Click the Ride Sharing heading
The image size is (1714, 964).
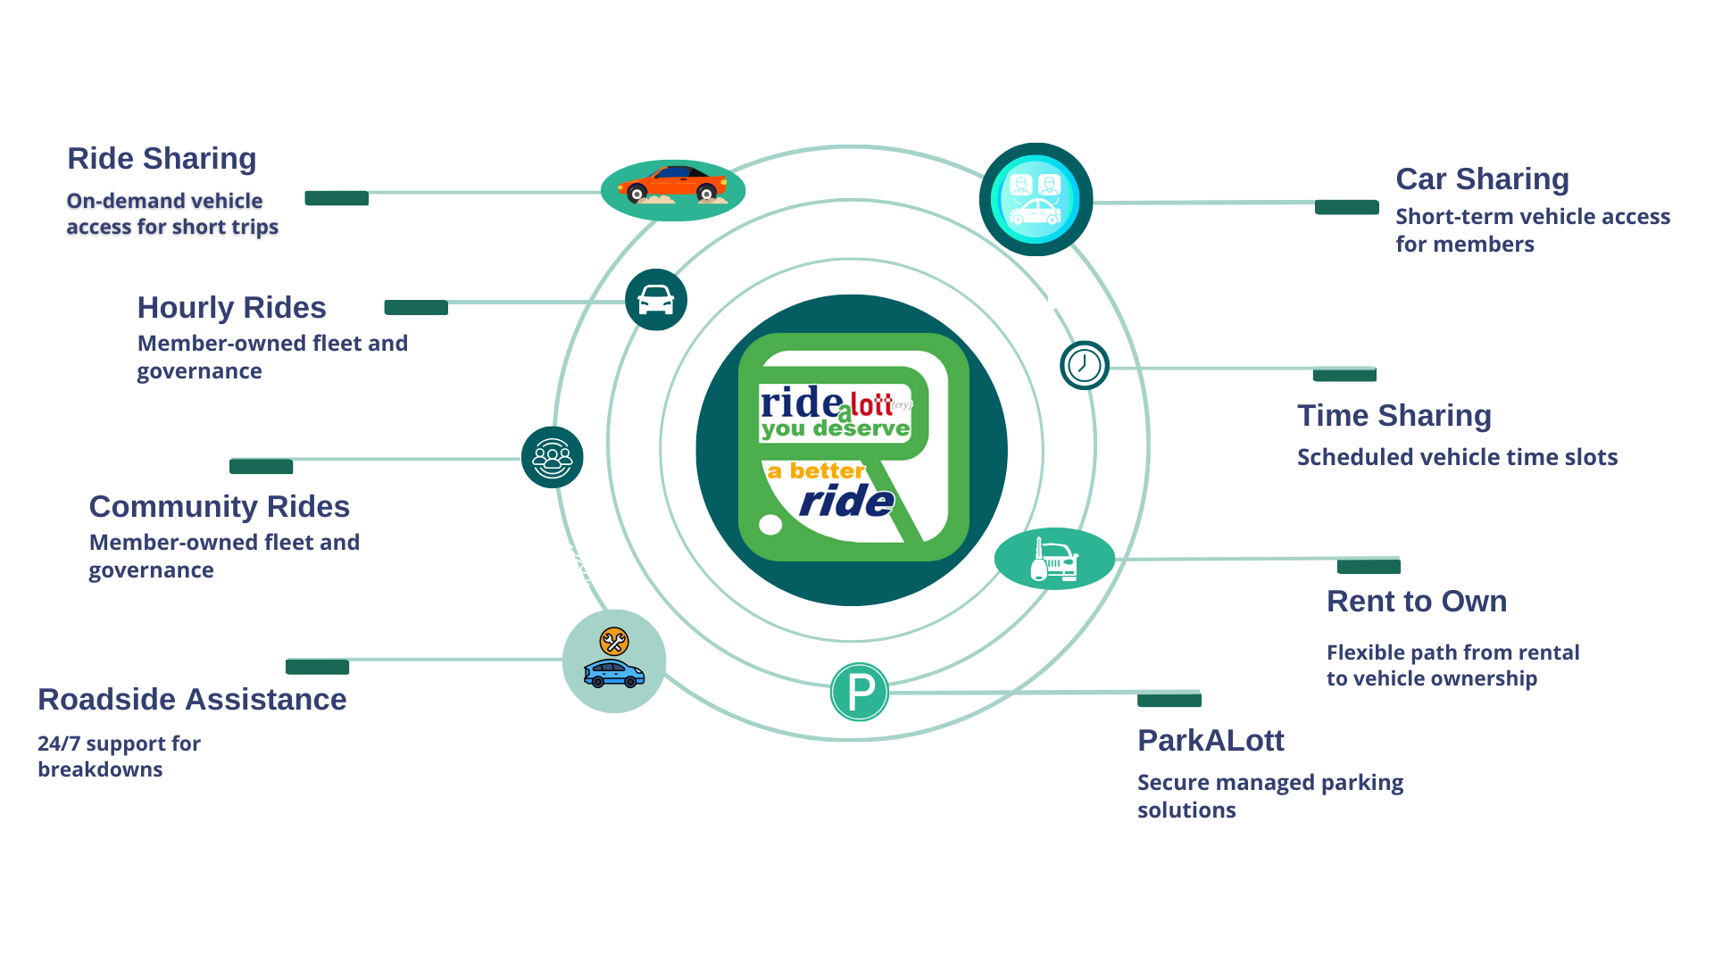click(x=162, y=159)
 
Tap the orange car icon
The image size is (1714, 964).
click(x=672, y=185)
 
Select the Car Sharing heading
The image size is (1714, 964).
click(x=1482, y=179)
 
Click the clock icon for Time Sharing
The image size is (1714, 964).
click(x=1084, y=365)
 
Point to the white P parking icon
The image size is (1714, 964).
click(x=860, y=692)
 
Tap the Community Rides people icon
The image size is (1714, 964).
click(x=553, y=458)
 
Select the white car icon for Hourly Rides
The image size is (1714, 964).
click(x=656, y=300)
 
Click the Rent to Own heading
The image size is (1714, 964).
click(x=1416, y=602)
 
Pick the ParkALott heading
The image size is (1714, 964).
click(x=1210, y=741)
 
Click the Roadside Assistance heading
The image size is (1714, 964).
click(x=192, y=700)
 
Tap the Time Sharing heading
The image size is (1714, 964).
click(x=1394, y=416)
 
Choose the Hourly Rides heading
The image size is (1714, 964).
click(x=231, y=308)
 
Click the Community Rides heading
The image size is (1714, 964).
click(x=219, y=507)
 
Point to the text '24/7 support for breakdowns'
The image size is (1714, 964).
click(x=119, y=756)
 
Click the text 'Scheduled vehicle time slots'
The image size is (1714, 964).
click(x=1457, y=458)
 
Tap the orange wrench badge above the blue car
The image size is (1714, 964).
click(x=614, y=641)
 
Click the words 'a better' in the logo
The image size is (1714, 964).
click(x=815, y=470)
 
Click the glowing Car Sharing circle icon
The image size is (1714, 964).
click(x=1036, y=199)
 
